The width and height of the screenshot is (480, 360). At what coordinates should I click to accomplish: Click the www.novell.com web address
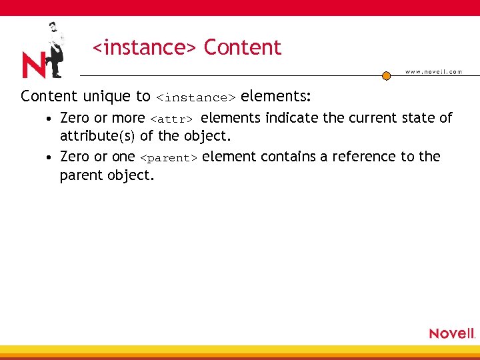433,72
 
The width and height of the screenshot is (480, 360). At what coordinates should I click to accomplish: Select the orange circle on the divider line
386,76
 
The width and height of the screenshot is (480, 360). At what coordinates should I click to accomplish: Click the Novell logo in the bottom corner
451,333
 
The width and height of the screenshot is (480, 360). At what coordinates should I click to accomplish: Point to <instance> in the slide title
144,48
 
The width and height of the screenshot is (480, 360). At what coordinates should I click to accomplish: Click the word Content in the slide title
243,48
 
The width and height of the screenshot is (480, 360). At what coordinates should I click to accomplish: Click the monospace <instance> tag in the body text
195,97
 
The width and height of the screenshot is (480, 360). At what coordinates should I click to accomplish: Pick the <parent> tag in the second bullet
169,158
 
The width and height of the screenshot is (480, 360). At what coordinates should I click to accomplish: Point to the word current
369,118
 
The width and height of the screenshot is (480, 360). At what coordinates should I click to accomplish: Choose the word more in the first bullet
129,118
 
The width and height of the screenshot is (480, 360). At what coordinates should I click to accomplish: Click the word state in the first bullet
419,118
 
